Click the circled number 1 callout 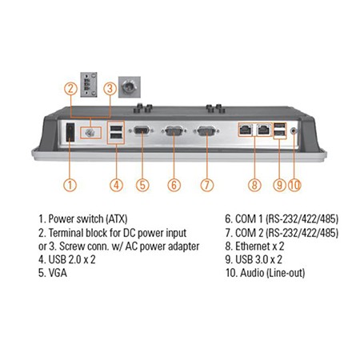[x=70, y=185]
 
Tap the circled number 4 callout [x=117, y=185]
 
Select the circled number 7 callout [x=207, y=185]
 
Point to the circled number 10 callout [x=294, y=185]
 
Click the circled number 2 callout [x=70, y=89]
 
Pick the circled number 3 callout [x=110, y=89]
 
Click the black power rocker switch [x=70, y=132]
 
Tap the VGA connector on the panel [x=142, y=130]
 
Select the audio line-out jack [x=294, y=131]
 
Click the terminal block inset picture [x=89, y=85]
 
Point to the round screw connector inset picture [x=130, y=87]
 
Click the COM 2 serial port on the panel [x=206, y=131]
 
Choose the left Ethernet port [x=246, y=130]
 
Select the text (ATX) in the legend [x=117, y=219]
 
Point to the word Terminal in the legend [x=66, y=233]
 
